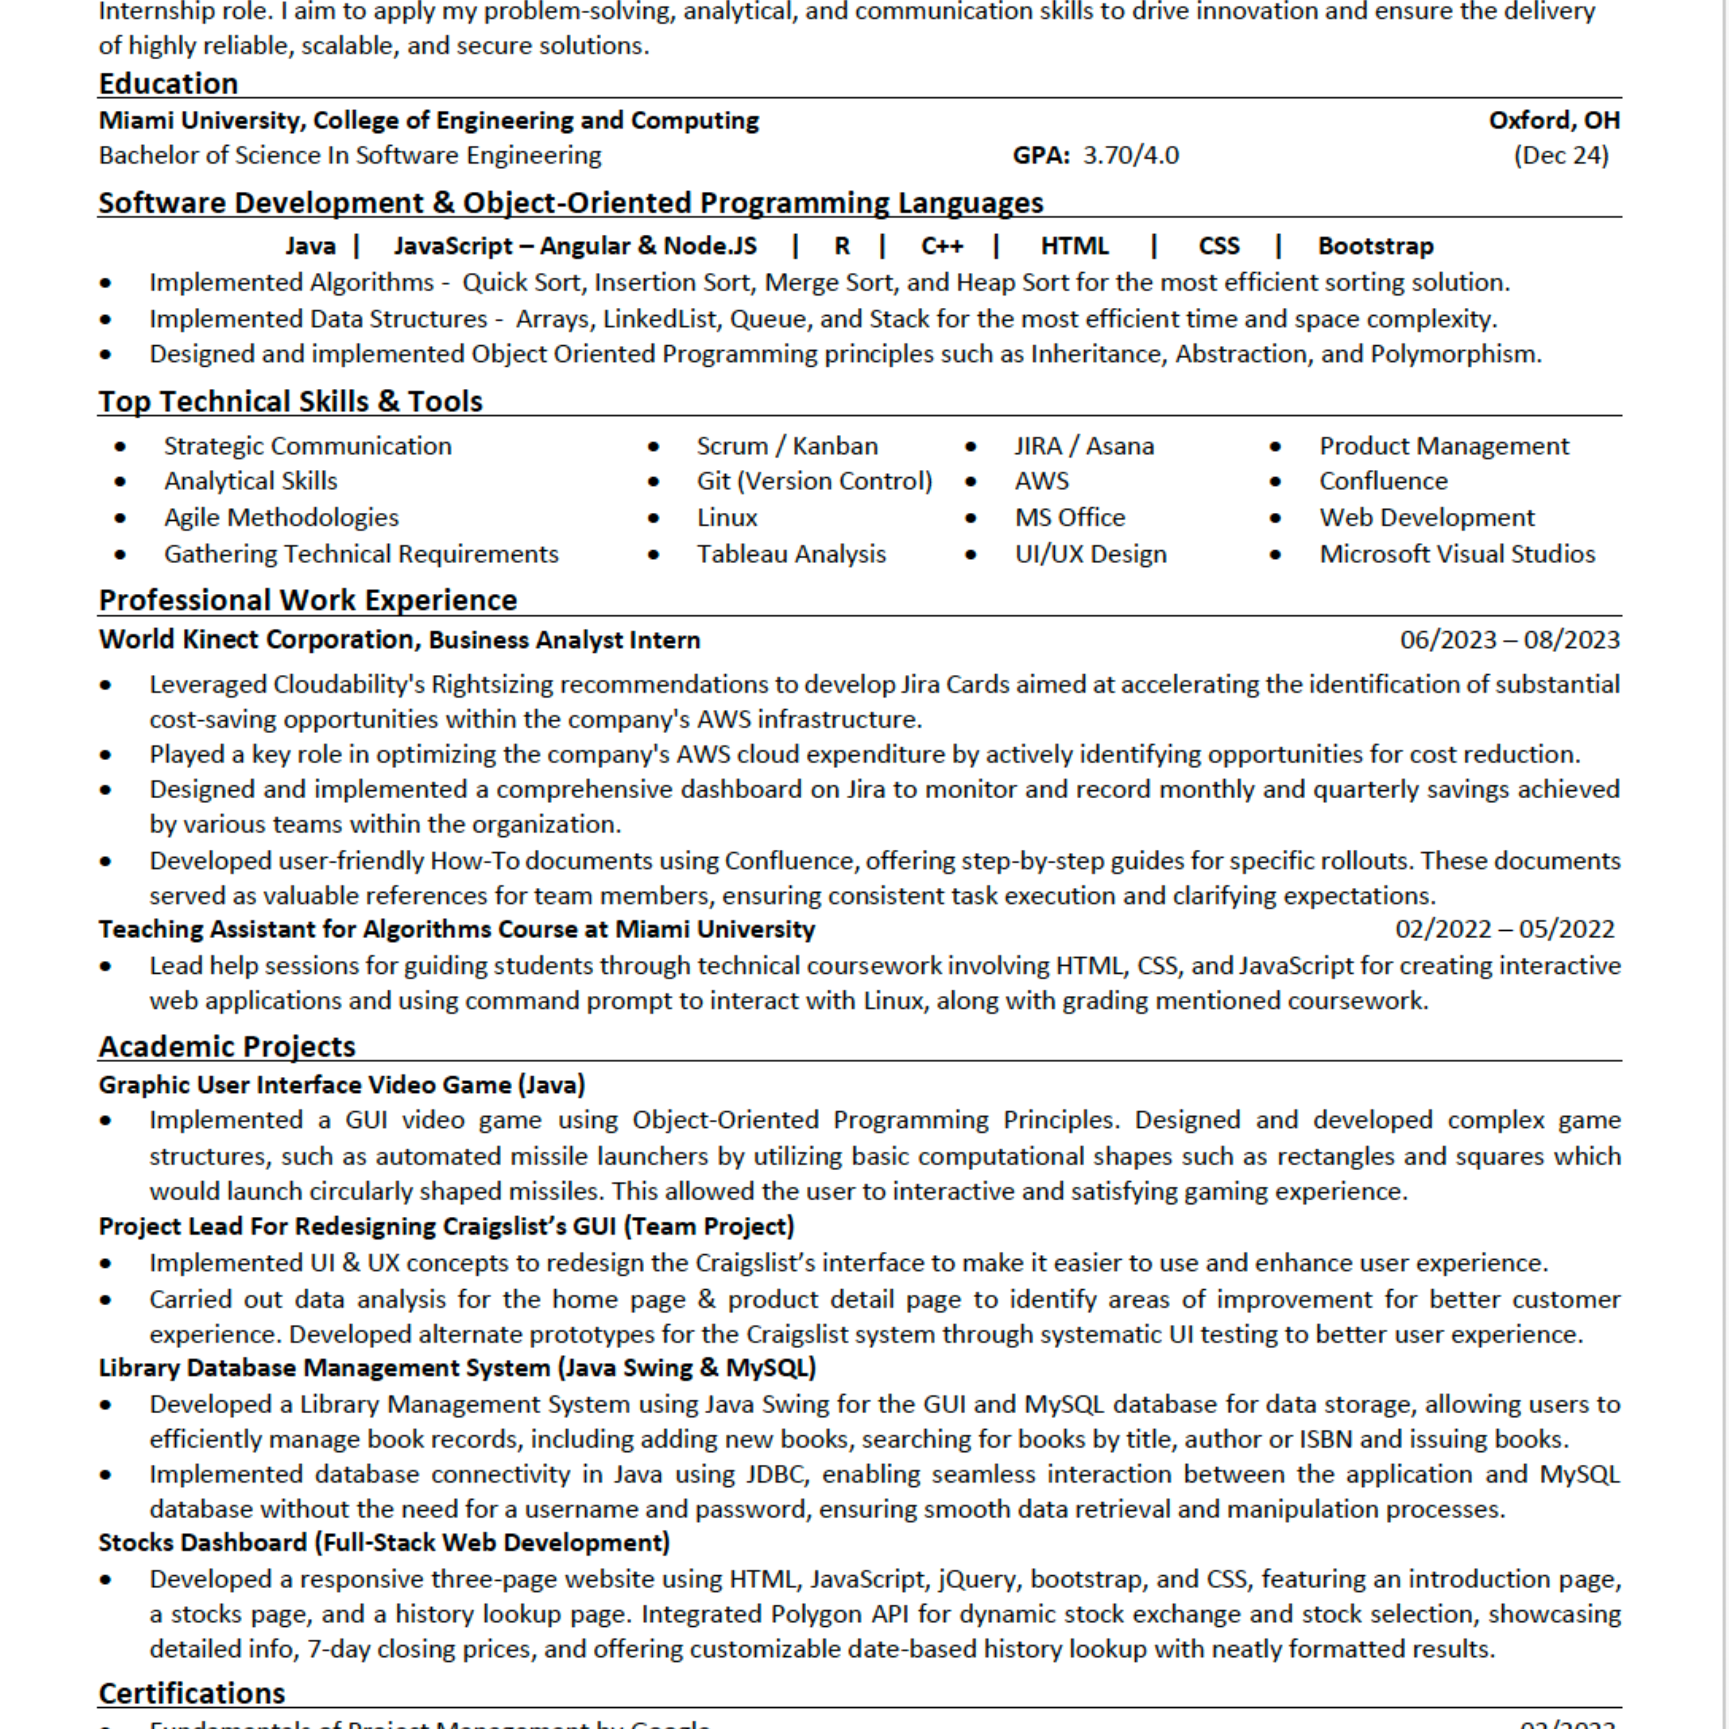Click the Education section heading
(168, 83)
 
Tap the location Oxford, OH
(1554, 120)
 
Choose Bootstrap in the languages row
(1375, 246)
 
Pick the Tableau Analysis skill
(791, 554)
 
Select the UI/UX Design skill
(1090, 554)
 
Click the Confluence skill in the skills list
(1383, 482)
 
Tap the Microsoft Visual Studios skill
(1457, 554)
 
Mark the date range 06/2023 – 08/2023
(1510, 640)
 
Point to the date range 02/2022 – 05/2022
(1504, 929)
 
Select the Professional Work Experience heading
(308, 600)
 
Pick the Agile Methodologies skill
(281, 517)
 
